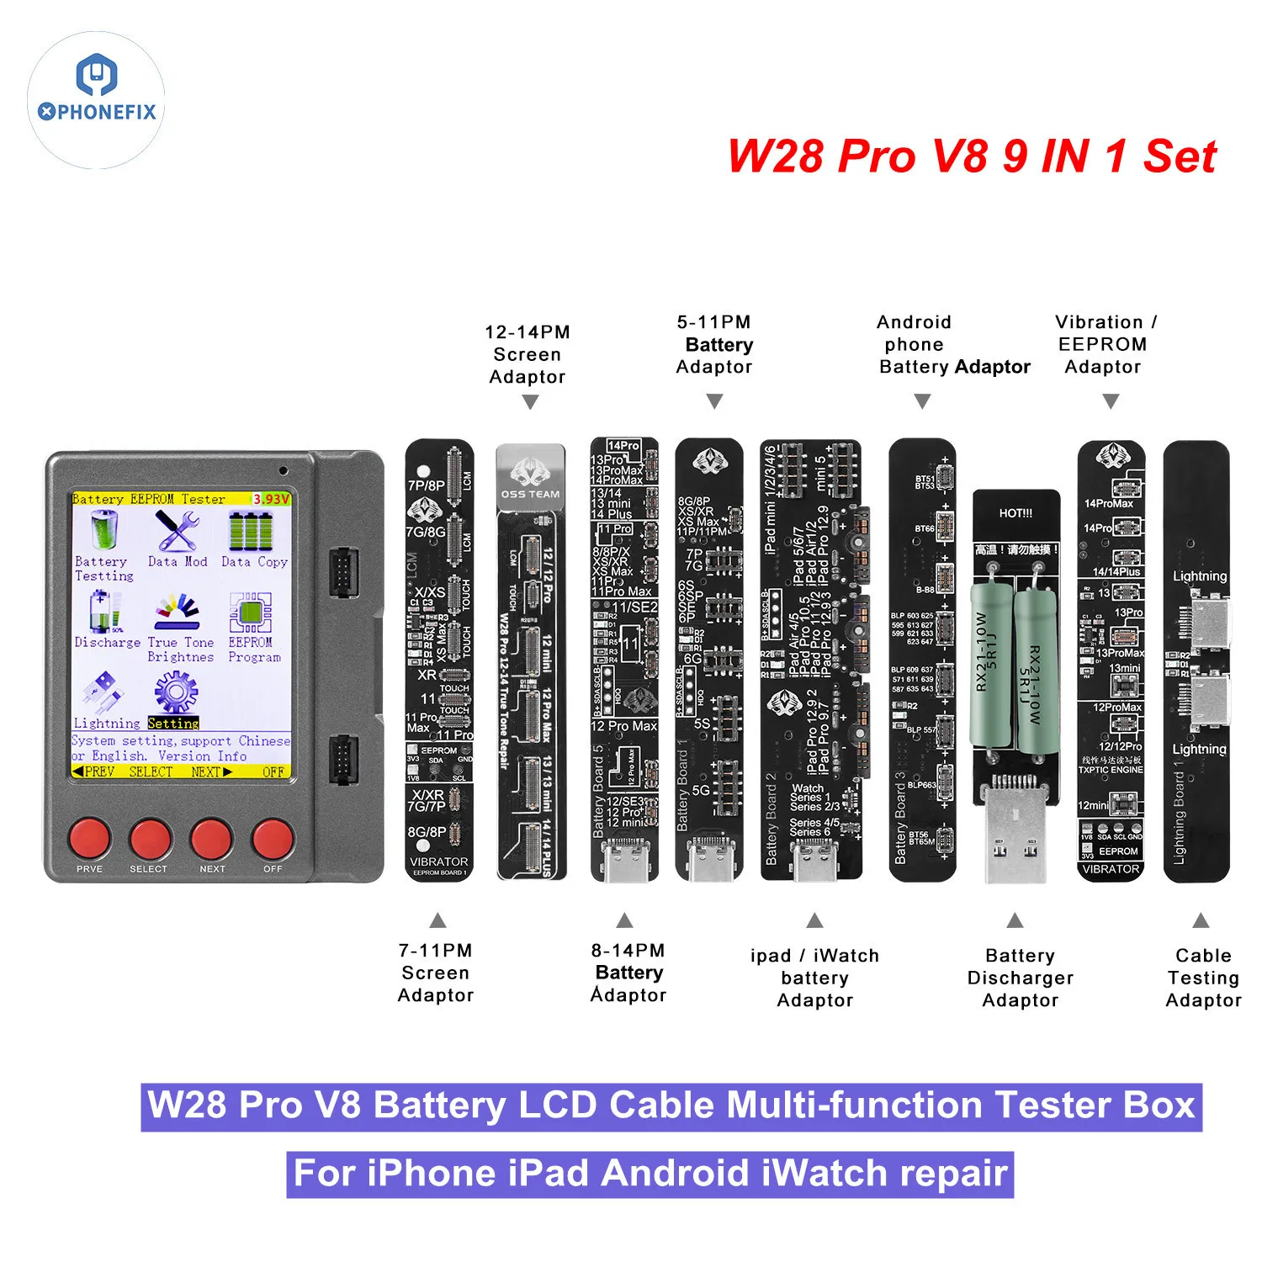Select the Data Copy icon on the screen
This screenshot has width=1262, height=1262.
(252, 533)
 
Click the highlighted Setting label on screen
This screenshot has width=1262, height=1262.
(173, 723)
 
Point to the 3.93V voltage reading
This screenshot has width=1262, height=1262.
(271, 499)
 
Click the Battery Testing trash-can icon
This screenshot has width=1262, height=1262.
(103, 532)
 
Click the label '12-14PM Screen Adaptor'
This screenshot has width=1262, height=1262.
(528, 354)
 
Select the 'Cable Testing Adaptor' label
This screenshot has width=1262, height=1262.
(1203, 978)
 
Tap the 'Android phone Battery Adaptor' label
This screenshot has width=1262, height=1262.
(953, 344)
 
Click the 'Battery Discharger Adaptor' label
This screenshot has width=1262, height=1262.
(1020, 978)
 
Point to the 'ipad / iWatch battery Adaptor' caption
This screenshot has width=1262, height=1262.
(814, 978)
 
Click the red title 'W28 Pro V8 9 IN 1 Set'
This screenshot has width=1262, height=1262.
(972, 156)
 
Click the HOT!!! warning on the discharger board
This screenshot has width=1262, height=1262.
(1015, 513)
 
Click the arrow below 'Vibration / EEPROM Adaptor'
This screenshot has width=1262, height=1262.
(1111, 401)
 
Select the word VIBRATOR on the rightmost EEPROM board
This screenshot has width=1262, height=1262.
(1111, 869)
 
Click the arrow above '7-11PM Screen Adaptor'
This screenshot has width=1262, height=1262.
(437, 920)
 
